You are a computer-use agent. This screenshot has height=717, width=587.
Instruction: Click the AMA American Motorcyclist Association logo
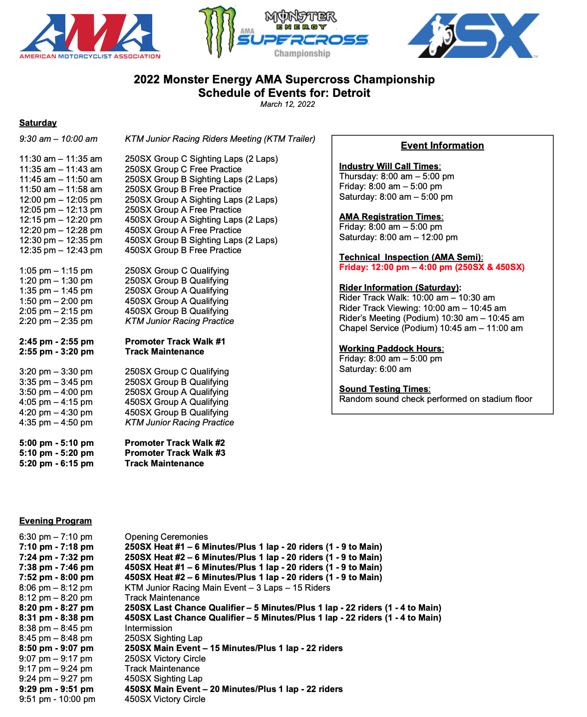90,36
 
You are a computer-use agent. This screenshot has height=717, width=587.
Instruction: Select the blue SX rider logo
473,35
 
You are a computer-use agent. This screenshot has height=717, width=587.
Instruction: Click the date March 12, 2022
288,104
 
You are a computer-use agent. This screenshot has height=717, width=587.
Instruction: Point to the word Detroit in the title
351,93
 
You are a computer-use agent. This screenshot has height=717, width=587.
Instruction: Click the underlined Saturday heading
38,123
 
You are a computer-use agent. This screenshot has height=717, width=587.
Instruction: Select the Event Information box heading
442,146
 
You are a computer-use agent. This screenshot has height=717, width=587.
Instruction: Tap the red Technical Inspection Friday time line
432,267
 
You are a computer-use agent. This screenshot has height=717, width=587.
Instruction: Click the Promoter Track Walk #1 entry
175,342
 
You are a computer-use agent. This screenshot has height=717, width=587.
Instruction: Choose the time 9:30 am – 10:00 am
58,139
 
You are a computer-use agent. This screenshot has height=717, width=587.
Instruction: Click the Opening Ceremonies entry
166,537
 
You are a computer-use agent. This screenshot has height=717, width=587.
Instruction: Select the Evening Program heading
55,521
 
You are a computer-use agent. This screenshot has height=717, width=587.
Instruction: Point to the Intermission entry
148,628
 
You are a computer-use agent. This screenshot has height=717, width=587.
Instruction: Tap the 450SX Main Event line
234,689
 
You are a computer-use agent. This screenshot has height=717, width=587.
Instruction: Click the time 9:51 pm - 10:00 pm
57,699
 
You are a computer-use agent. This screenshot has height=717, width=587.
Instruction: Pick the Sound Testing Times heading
384,389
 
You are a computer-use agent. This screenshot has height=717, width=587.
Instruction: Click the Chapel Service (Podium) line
431,328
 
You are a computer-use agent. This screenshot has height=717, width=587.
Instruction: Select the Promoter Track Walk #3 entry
175,453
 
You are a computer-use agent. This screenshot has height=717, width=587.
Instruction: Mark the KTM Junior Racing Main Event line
227,588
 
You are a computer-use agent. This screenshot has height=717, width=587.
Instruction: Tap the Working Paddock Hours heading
391,349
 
